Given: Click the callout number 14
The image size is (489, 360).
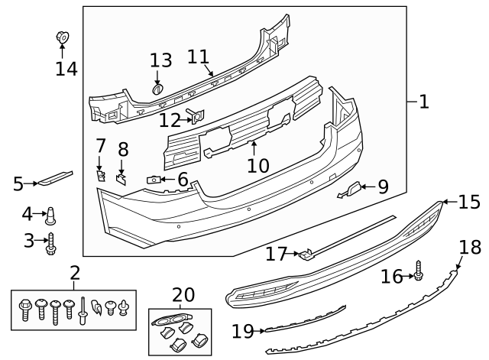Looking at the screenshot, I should pyautogui.click(x=66, y=69).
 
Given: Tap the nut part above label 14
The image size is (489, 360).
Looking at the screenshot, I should pyautogui.click(x=62, y=36).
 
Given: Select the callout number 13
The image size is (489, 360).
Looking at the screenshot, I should pyautogui.click(x=160, y=60).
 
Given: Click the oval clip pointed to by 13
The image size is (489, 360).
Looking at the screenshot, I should pyautogui.click(x=158, y=89).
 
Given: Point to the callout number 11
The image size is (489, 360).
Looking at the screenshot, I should pyautogui.click(x=198, y=57).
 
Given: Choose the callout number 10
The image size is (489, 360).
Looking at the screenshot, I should pyautogui.click(x=258, y=164).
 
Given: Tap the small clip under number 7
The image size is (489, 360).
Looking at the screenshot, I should pyautogui.click(x=100, y=175).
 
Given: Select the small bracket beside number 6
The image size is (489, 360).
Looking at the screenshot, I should pyautogui.click(x=153, y=180).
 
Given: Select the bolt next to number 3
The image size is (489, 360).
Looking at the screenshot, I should pyautogui.click(x=52, y=243).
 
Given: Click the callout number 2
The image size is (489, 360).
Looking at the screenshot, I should pyautogui.click(x=75, y=273).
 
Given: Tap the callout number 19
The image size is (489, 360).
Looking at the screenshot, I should pyautogui.click(x=242, y=331).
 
